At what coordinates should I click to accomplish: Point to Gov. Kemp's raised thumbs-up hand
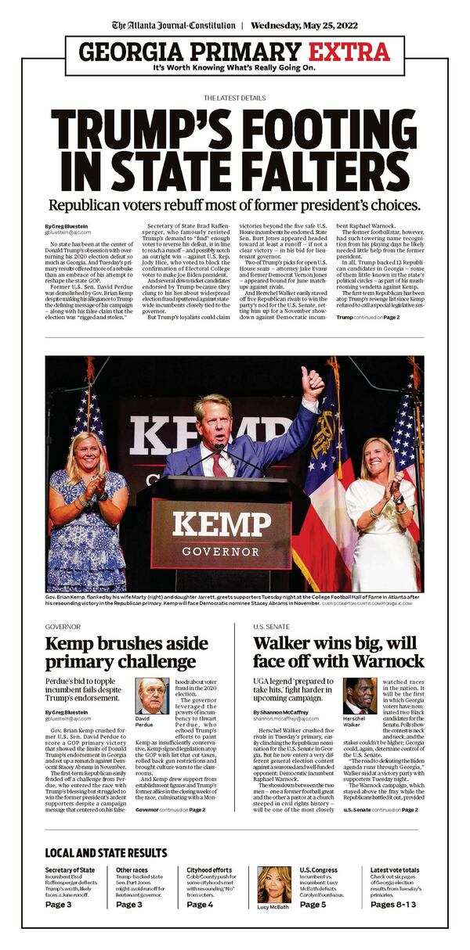313,384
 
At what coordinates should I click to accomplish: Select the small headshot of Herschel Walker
360,696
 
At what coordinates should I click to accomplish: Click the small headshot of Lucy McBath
273,883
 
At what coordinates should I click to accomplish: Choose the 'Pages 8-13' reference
393,905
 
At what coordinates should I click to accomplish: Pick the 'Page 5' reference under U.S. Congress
313,905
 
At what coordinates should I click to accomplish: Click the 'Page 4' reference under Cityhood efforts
200,905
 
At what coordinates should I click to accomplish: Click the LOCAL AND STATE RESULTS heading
106,852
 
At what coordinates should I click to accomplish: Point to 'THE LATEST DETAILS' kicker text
234,98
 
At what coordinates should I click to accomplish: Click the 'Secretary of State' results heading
70,869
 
